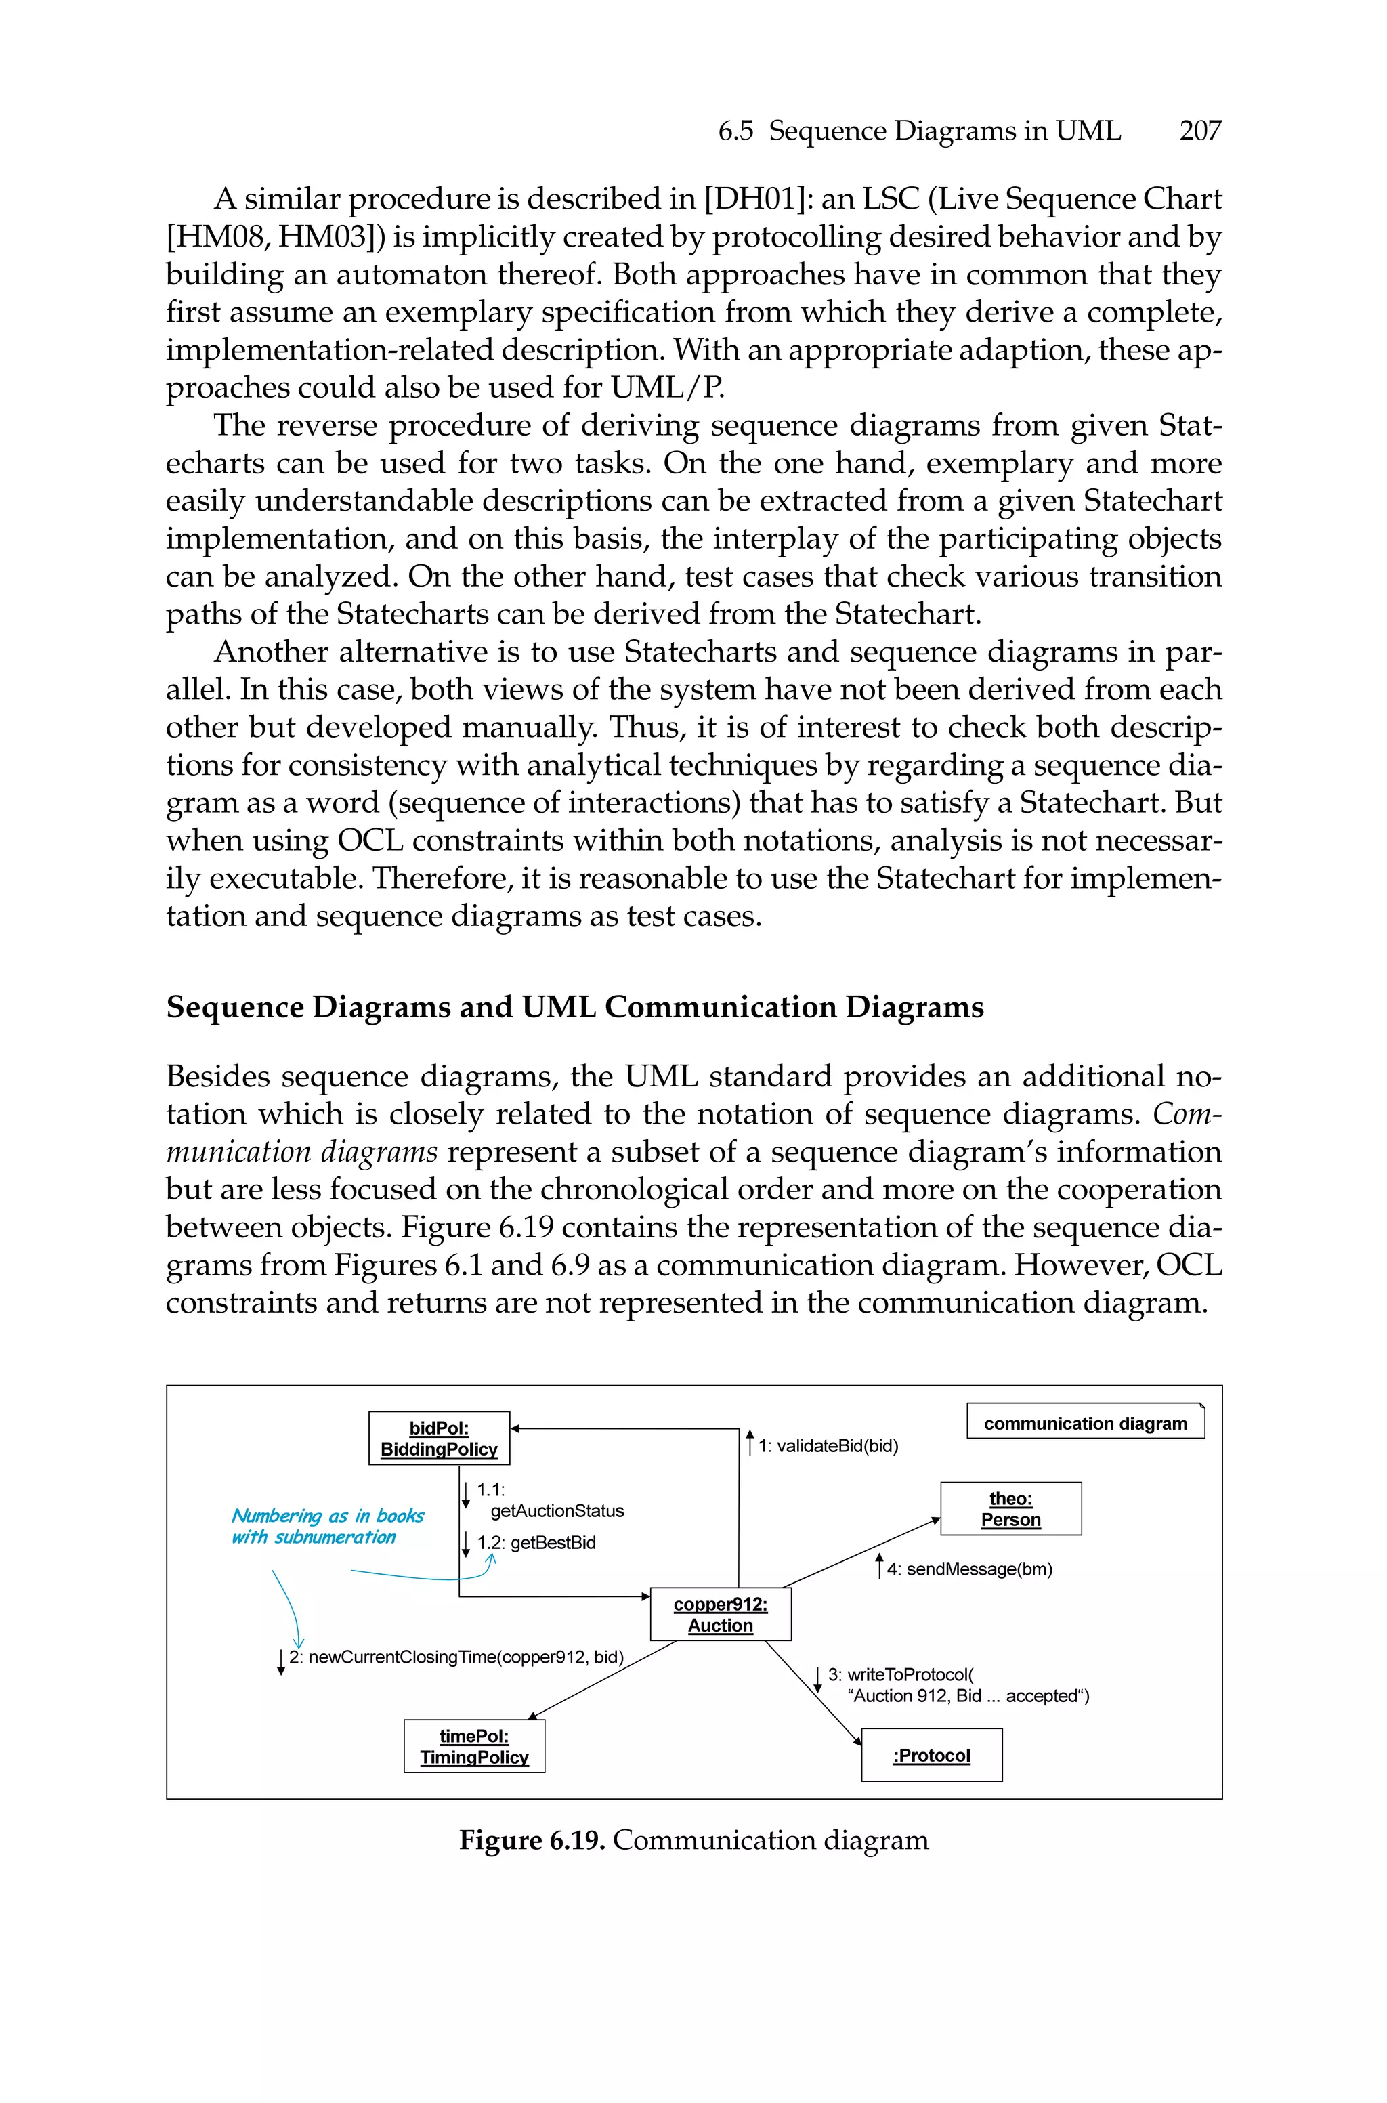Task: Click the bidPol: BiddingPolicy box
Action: click(439, 1438)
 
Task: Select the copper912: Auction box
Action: click(720, 1614)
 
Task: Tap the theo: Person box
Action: click(1010, 1509)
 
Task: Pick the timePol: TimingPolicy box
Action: click(474, 1745)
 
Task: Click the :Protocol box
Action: click(931, 1755)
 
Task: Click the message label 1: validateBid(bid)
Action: click(827, 1446)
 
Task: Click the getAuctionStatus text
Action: click(557, 1510)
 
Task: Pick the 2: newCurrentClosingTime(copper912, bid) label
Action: click(456, 1657)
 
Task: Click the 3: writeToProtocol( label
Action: click(901, 1674)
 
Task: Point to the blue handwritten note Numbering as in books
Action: click(327, 1516)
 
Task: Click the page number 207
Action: click(1199, 131)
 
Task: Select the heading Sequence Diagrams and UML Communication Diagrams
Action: click(575, 1006)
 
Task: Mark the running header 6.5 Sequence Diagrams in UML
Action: click(919, 131)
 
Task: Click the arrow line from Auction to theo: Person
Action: click(858, 1554)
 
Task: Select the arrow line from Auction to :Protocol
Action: click(812, 1692)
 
